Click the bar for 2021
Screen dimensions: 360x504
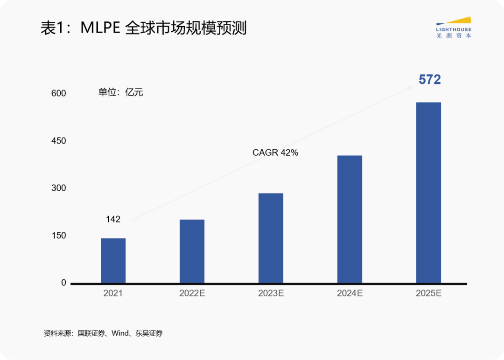tap(113, 260)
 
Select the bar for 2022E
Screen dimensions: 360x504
tap(192, 251)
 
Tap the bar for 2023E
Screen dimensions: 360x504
tap(271, 238)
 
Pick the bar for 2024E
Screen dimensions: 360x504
tap(350, 219)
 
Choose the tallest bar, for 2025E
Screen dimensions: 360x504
tap(428, 192)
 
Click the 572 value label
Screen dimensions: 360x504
tap(429, 80)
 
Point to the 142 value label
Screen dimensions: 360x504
tap(113, 219)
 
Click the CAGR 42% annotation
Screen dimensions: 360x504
tap(275, 152)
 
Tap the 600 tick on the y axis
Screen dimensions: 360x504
tap(59, 93)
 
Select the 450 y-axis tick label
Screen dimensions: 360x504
tap(59, 141)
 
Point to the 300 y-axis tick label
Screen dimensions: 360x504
tap(59, 188)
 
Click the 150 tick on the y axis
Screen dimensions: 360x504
tap(59, 235)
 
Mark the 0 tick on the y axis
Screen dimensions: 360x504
tap(63, 283)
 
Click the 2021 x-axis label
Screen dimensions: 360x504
tap(113, 294)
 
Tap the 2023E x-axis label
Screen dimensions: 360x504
tap(271, 294)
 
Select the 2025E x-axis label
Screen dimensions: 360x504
tap(428, 294)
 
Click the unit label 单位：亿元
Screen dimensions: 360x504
tap(120, 92)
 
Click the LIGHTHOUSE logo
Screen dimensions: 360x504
tap(453, 28)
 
